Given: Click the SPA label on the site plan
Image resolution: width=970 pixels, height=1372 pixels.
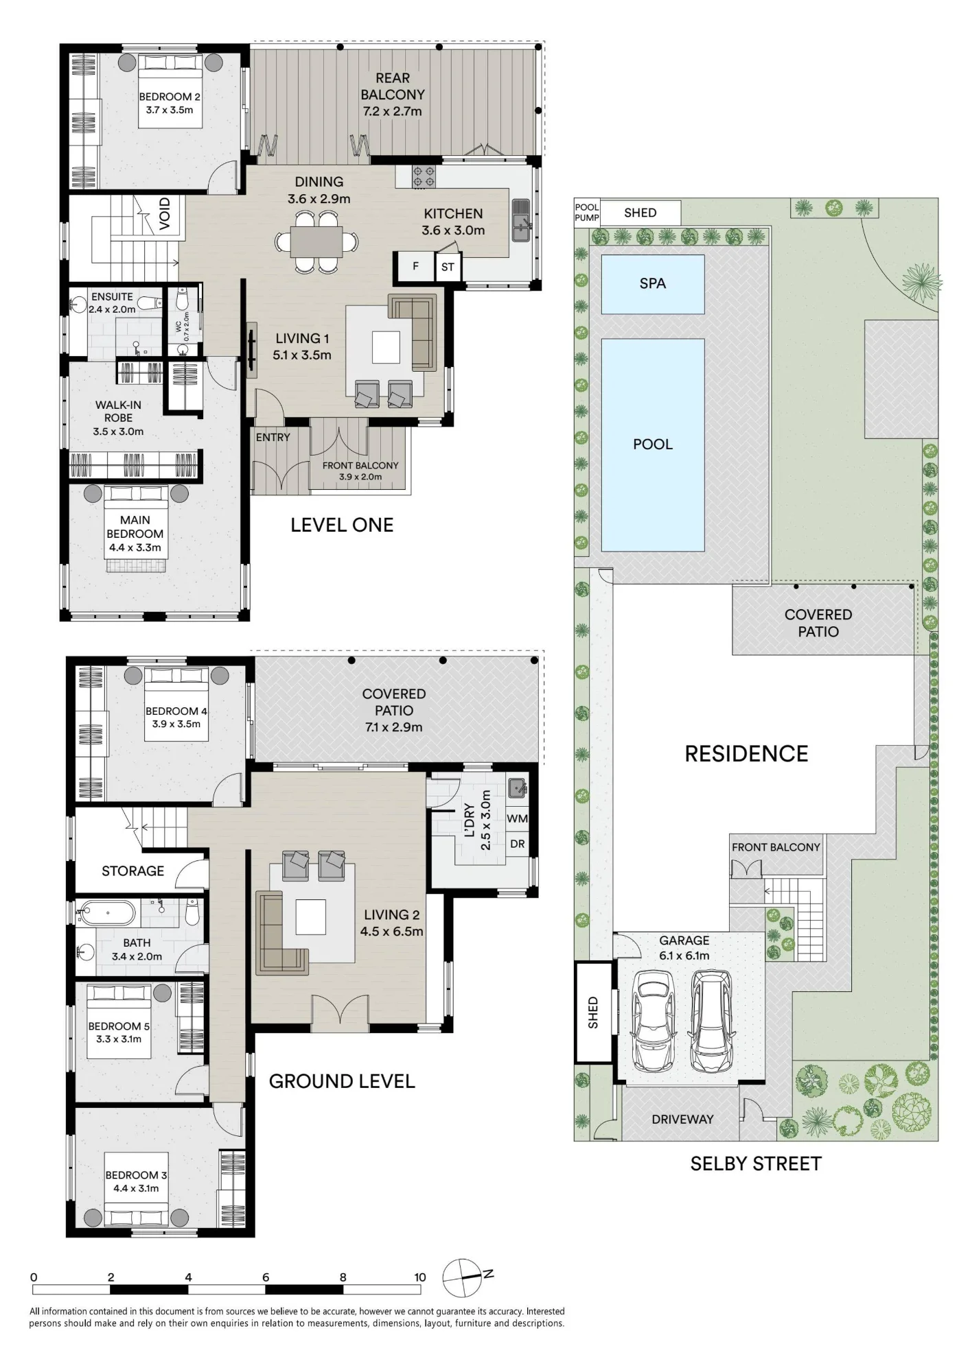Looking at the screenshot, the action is pos(652,283).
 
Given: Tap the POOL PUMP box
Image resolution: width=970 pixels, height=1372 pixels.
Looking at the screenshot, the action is pos(587,213).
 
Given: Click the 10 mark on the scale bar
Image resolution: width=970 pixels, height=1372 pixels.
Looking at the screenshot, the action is pos(420,1277).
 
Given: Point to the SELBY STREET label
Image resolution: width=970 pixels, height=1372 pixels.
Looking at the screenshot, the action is pos(756,1163).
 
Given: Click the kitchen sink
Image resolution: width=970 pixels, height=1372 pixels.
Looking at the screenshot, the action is pos(521,220).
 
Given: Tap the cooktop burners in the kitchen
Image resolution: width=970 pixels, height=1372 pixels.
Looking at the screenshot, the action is pos(423,177).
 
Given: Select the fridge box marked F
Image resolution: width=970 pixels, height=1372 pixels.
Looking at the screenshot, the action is pos(415,266).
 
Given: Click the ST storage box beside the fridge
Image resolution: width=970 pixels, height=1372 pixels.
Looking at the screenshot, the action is pos(448,267).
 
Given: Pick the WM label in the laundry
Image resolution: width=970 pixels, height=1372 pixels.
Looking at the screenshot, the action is pos(517,818).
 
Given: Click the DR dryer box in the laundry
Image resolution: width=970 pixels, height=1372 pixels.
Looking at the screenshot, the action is pos(517,844).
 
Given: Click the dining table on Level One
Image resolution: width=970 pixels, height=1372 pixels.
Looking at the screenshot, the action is pos(316,241).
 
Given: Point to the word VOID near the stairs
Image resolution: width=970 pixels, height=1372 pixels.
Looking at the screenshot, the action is pos(165,213).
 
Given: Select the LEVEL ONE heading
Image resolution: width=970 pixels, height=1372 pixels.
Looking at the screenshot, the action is pos(342,525).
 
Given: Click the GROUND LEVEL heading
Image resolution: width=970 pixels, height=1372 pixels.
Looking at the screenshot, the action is pos(342,1081).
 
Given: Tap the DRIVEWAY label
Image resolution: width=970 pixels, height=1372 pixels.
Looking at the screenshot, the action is pos(682,1119).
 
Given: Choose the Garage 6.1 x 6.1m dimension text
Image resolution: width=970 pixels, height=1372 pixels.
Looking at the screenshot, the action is pos(684,956).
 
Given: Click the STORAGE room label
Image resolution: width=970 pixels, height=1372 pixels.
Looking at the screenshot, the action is pos(132,871).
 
